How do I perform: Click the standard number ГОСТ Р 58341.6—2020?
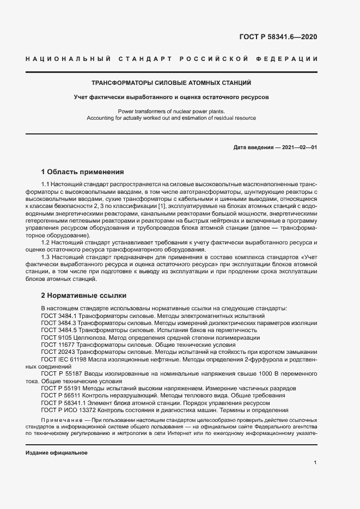[278, 38]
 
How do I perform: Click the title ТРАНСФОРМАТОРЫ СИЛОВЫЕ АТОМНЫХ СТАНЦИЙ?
[171, 83]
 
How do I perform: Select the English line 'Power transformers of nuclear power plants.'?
[171, 111]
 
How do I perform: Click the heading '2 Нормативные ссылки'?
[84, 296]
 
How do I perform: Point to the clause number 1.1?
[46, 186]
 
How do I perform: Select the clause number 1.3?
[46, 256]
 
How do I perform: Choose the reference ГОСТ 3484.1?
[60, 316]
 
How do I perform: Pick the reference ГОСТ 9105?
[56, 337]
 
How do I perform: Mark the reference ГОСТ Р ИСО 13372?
[69, 410]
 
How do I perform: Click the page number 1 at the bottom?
[315, 463]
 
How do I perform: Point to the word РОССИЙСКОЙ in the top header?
[217, 59]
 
